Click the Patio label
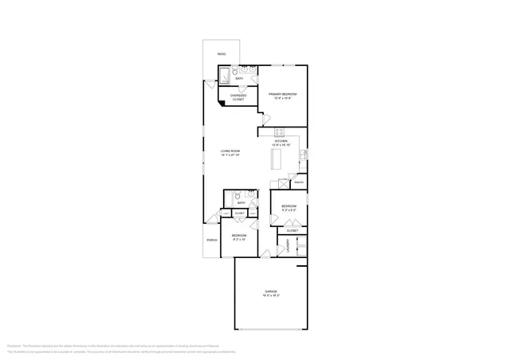pyautogui.click(x=222, y=54)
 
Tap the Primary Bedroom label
pyautogui.click(x=282, y=96)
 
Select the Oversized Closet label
pyautogui.click(x=238, y=97)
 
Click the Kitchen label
pyautogui.click(x=281, y=143)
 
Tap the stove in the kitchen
pyautogui.click(x=280, y=131)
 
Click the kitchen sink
pyautogui.click(x=303, y=155)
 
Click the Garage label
pyautogui.click(x=271, y=293)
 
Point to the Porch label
pyautogui.click(x=212, y=240)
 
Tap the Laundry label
pyautogui.click(x=288, y=246)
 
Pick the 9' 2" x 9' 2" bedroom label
pyautogui.click(x=288, y=209)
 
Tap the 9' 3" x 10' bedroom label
pyautogui.click(x=239, y=237)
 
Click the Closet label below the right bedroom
pyautogui.click(x=292, y=230)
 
